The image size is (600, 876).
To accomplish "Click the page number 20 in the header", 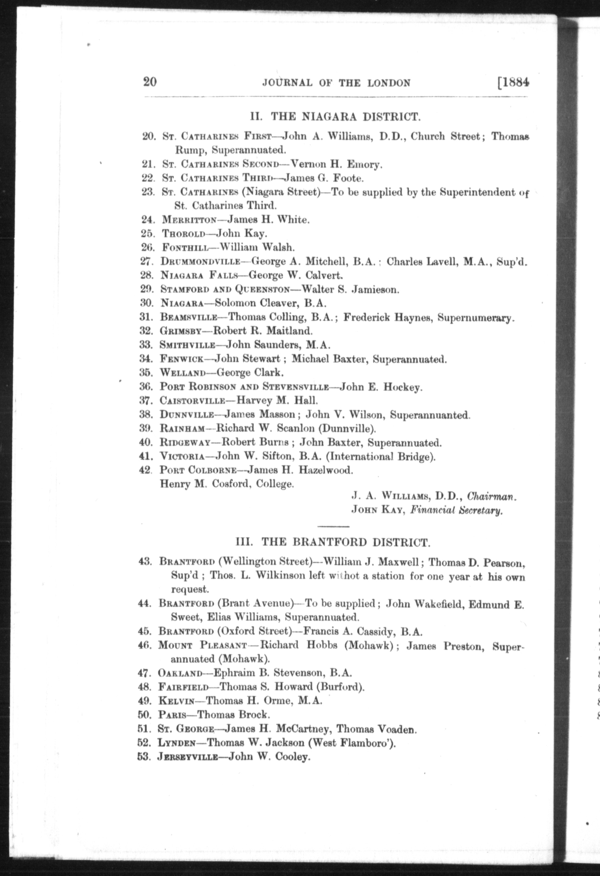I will pos(150,81).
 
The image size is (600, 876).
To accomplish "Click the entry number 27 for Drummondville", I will pos(147,261).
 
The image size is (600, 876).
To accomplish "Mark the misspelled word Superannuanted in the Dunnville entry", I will pos(429,415).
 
